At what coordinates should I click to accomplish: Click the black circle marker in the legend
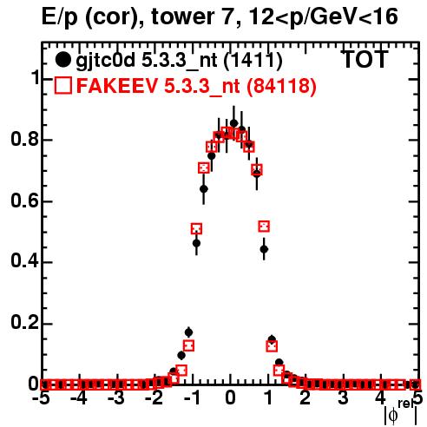(62, 60)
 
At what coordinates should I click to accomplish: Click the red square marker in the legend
(63, 85)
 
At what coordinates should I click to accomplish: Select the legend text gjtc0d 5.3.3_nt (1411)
(179, 61)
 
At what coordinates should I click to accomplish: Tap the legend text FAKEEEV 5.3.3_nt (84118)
(197, 86)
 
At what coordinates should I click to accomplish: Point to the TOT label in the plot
(365, 59)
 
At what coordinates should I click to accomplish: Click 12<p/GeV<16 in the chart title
(323, 17)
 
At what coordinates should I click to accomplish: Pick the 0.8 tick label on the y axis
(24, 139)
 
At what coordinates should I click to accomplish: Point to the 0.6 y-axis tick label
(24, 200)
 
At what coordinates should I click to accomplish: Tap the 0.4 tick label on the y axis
(24, 261)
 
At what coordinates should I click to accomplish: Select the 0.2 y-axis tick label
(24, 323)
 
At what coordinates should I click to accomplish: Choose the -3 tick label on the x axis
(117, 397)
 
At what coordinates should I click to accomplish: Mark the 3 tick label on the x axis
(343, 397)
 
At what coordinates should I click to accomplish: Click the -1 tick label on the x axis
(193, 397)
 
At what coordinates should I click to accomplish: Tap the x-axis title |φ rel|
(401, 412)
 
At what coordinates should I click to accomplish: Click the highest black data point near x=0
(234, 123)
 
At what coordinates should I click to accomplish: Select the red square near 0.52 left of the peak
(196, 229)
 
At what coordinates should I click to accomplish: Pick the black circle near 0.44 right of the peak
(264, 249)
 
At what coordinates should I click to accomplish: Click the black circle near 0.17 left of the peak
(188, 332)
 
